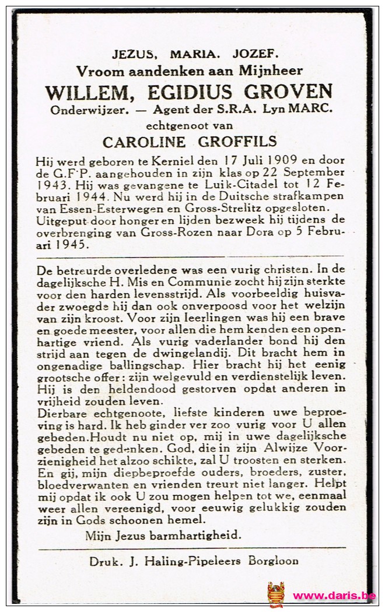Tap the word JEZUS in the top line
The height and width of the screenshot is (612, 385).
(134, 54)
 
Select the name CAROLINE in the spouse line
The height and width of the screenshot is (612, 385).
(143, 142)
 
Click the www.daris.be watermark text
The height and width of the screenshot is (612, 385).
(334, 596)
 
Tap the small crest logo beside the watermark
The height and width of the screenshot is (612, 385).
(275, 594)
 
